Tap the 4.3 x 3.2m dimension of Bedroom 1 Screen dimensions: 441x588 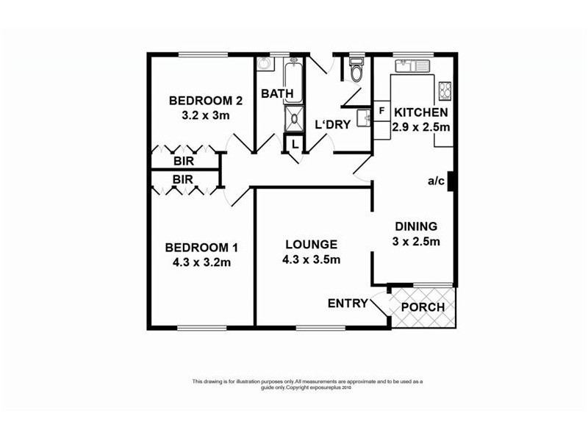pos(201,262)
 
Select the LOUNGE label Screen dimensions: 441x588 pos(311,245)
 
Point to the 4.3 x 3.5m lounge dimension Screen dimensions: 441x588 pos(311,259)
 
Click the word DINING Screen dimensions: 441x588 pos(416,226)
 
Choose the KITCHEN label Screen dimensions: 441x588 pos(421,112)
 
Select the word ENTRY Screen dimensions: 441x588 pos(348,303)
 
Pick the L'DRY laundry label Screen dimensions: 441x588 pos(333,125)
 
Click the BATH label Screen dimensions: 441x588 pos(277,93)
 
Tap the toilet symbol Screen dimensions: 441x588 pos(356,72)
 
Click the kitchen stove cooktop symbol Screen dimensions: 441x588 pos(445,91)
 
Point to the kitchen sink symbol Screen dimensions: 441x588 pos(412,67)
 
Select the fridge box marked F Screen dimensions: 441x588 pos(381,111)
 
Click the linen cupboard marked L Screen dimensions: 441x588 pos(294,144)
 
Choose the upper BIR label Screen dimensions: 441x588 pos(183,161)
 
